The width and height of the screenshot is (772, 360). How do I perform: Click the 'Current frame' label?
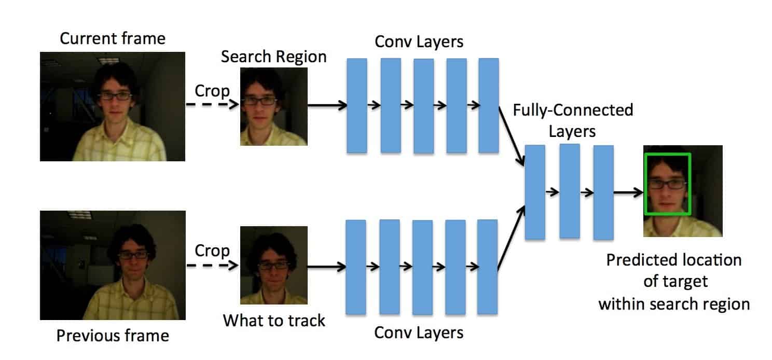click(113, 39)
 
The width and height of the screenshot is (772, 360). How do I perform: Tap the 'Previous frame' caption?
click(113, 336)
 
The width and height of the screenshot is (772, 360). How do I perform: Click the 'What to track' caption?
click(274, 320)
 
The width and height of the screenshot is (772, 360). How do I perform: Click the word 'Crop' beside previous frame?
click(212, 251)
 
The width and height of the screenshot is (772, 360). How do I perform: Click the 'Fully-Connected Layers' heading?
click(572, 120)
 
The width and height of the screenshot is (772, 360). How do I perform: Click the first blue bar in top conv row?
click(356, 105)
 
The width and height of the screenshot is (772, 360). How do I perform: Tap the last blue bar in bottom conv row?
click(487, 267)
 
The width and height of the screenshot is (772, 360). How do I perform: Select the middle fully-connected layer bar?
click(569, 191)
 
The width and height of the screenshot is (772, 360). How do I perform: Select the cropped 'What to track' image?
click(273, 265)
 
